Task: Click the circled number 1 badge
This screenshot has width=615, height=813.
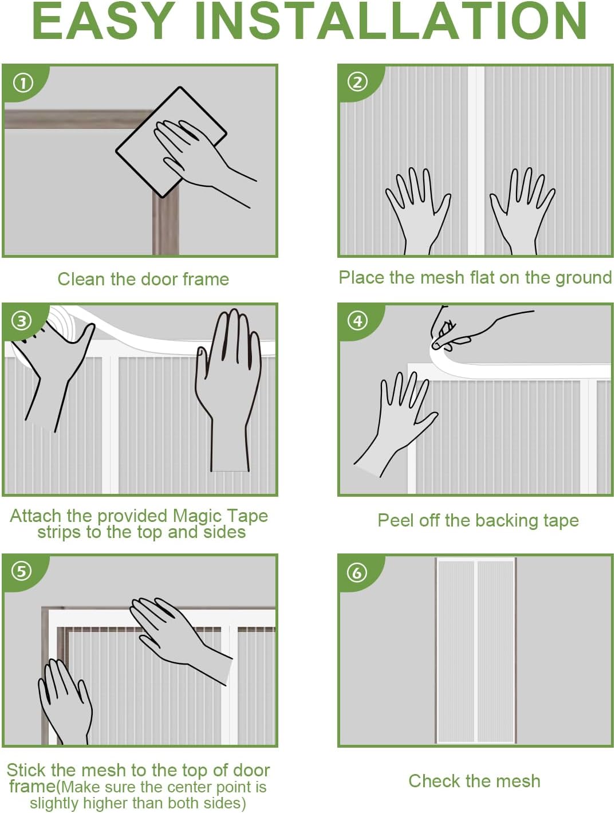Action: click(x=23, y=83)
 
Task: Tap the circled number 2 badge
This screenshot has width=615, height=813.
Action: click(x=357, y=83)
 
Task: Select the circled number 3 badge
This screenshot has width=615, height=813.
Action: click(x=21, y=321)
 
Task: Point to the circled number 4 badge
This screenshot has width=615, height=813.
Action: click(x=357, y=321)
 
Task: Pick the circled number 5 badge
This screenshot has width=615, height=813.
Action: click(x=21, y=571)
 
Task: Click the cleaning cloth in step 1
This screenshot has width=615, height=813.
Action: click(x=171, y=142)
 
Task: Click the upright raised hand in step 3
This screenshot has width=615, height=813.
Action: click(x=228, y=390)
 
